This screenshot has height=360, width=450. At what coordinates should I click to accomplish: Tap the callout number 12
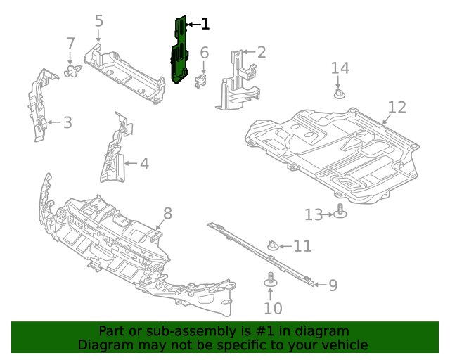point(397,107)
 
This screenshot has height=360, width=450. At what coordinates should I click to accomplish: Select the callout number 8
point(167,213)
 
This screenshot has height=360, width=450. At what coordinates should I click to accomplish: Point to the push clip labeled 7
point(71,72)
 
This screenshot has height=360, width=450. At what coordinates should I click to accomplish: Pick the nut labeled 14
point(340,92)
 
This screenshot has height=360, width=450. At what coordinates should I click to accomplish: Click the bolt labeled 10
point(269,279)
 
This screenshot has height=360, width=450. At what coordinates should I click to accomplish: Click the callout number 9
point(333,285)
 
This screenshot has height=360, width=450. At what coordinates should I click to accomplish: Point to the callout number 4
point(144,164)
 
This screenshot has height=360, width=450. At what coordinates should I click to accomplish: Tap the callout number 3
point(67,123)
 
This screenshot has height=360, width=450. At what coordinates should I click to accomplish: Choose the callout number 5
point(99,21)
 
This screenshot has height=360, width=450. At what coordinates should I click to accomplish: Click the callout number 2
point(262,52)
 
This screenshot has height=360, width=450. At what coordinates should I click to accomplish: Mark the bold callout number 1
point(205,25)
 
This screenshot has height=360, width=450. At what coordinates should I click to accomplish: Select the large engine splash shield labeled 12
point(330,151)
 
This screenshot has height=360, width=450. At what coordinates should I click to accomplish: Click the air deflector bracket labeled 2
point(238,81)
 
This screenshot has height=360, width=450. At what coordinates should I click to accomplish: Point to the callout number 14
point(340,67)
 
